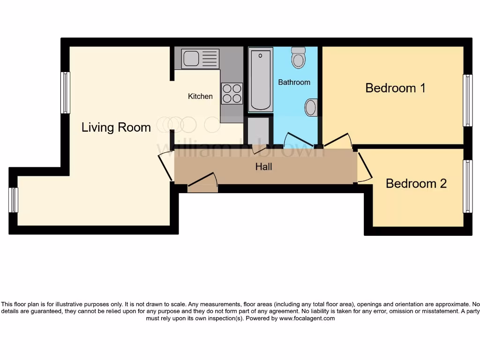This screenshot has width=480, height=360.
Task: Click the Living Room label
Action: pos(116,127)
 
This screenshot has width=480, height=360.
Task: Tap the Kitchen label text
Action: pos(200,96)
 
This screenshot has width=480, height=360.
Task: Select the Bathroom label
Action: pos(294,82)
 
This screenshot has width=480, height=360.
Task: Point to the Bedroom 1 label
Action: pos(395,88)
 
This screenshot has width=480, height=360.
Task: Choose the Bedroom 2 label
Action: pos(416,183)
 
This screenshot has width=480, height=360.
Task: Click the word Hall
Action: pos(263,166)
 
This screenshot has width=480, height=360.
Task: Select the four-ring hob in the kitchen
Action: pos(232,93)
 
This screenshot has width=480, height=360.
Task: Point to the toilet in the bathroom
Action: pos(298,58)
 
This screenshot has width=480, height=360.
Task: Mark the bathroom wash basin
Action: pos(311,107)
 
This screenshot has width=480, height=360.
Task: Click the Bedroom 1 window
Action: pos(467,100)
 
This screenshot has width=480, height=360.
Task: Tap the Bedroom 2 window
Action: pos(467,186)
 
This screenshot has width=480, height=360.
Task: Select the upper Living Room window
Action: pos(65,92)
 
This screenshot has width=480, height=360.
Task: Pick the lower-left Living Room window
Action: pos(14,200)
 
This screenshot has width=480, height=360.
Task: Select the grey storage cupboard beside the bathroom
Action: pos(258,130)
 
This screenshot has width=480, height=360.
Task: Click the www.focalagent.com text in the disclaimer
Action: pos(307,318)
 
